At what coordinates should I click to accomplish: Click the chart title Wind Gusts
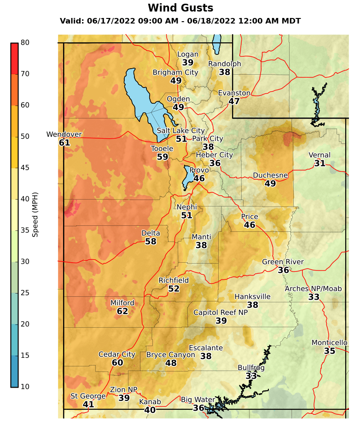click(x=180, y=8)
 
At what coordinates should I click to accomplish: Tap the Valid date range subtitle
click(x=180, y=21)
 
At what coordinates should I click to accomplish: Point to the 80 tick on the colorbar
click(x=25, y=42)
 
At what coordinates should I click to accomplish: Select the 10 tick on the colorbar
click(x=25, y=386)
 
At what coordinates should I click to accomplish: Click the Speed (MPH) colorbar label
click(x=35, y=214)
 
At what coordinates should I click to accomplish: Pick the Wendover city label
click(x=64, y=135)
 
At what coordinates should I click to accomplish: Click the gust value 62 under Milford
click(x=122, y=311)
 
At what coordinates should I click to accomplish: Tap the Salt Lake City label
click(x=180, y=131)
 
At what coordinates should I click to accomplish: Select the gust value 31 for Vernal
click(x=319, y=163)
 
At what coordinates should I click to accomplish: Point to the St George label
click(x=88, y=396)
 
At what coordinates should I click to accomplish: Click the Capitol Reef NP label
click(x=221, y=312)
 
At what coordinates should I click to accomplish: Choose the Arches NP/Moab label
click(x=313, y=289)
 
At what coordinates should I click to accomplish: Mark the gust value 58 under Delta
click(x=151, y=241)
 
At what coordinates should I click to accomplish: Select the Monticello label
click(x=329, y=342)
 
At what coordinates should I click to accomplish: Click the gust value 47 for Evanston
click(x=234, y=101)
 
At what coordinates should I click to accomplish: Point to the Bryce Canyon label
click(x=170, y=355)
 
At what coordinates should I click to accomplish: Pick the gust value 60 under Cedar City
click(x=117, y=363)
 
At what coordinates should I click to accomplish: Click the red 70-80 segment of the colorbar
click(x=14, y=58)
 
